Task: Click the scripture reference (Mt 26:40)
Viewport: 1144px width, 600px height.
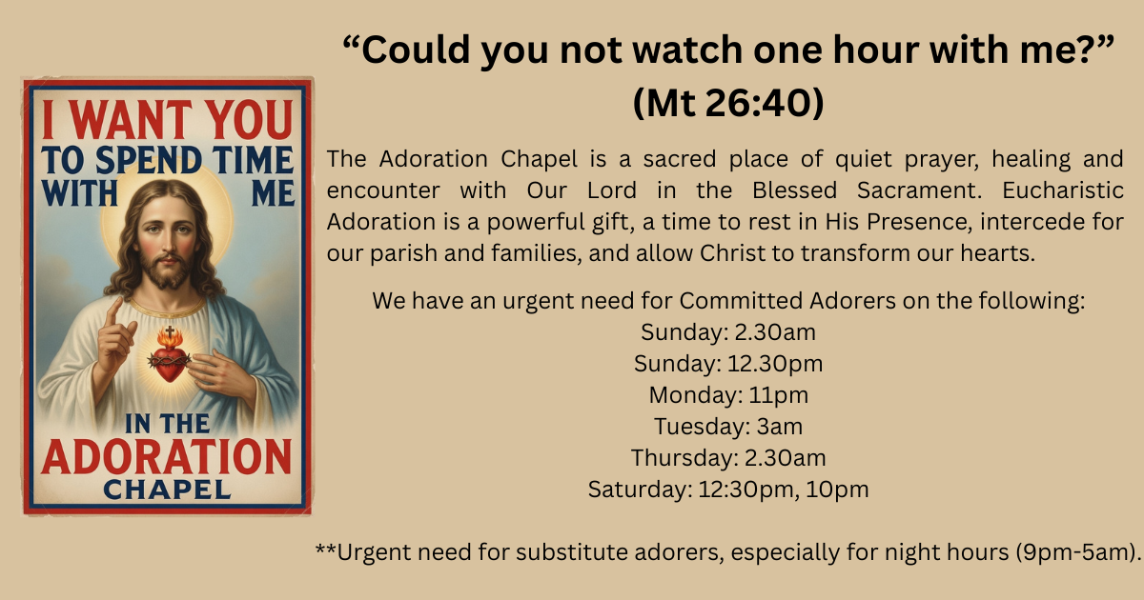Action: (x=728, y=103)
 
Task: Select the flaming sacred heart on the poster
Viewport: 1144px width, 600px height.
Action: (x=169, y=358)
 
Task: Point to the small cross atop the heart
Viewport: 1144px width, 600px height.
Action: (x=170, y=331)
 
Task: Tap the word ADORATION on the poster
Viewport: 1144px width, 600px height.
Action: (x=167, y=456)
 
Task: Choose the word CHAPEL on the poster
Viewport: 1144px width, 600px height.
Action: (x=168, y=490)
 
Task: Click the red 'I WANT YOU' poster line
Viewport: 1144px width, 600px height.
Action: (x=168, y=120)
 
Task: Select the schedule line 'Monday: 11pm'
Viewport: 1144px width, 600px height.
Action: (x=728, y=395)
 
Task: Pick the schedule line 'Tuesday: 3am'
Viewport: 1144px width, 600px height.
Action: (x=728, y=427)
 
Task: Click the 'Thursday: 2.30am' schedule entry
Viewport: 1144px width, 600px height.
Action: (x=728, y=458)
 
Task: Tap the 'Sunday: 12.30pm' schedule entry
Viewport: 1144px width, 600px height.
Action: (x=728, y=364)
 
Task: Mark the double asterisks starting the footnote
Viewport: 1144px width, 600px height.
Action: (x=326, y=549)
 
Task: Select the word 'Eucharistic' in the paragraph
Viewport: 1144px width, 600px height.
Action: (x=1062, y=190)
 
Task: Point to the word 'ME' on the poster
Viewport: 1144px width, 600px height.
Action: (x=274, y=193)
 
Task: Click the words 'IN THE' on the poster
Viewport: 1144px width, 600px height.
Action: (x=168, y=424)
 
